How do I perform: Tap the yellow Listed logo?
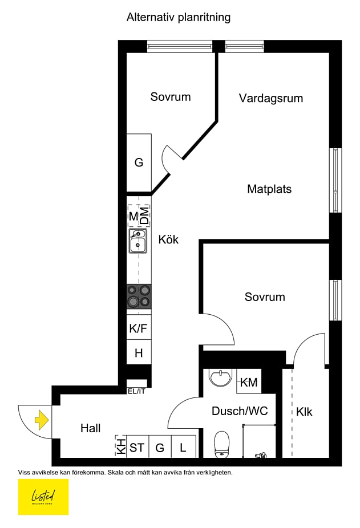click(43, 497)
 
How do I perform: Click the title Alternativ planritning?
click(179, 18)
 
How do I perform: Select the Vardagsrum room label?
click(270, 98)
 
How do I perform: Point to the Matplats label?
click(269, 189)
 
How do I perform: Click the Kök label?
click(168, 239)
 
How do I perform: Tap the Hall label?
click(90, 428)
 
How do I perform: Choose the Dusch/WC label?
click(240, 411)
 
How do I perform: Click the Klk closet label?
click(304, 412)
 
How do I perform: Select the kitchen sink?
click(137, 242)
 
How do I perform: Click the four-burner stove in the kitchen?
click(139, 297)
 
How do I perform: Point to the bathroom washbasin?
click(220, 377)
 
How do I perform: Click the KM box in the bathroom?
click(249, 382)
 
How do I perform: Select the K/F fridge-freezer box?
click(139, 328)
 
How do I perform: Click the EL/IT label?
click(137, 391)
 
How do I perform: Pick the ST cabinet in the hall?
click(137, 448)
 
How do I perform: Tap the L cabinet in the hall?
click(183, 448)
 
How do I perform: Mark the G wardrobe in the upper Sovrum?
click(139, 163)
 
